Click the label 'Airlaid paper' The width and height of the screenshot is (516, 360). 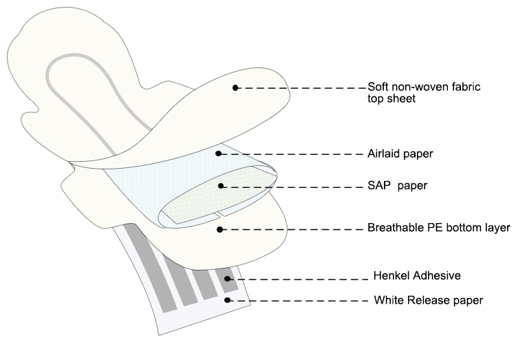[400, 153]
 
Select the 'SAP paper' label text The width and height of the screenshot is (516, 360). [397, 186]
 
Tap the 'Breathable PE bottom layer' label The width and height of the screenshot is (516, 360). [439, 228]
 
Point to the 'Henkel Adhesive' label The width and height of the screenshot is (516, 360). [417, 275]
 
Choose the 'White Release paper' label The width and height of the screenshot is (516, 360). [429, 300]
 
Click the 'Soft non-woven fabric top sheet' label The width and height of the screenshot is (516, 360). [424, 92]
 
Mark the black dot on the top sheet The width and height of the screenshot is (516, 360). [235, 87]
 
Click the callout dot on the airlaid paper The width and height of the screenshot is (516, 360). [218, 153]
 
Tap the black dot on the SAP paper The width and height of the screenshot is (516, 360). [221, 186]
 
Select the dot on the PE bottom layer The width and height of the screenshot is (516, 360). [220, 229]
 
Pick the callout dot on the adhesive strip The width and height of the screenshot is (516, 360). [227, 279]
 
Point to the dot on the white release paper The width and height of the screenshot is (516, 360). [227, 300]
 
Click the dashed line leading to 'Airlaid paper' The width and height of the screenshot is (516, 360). [292, 153]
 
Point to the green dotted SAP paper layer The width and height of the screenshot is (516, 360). [219, 195]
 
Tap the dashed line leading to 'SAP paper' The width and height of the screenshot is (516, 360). [293, 187]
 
